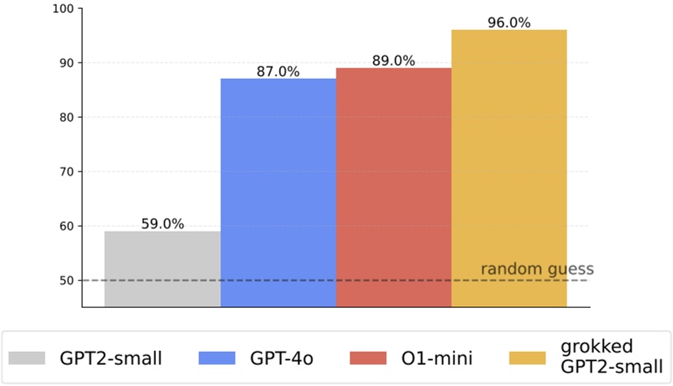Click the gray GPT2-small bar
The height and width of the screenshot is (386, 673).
[x=163, y=269]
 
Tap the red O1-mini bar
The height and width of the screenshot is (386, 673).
[x=393, y=187]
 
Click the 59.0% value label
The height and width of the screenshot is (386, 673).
[x=163, y=222]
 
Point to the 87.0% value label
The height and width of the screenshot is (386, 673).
[x=278, y=72]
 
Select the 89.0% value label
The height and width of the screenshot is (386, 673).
[x=393, y=61]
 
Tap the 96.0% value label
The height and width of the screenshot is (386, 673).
[x=509, y=23]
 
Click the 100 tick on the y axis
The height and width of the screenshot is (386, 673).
[x=62, y=9]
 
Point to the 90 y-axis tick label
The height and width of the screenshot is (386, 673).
[x=65, y=63]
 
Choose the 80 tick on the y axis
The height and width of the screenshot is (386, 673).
[x=65, y=118]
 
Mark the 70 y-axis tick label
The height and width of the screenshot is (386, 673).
[x=65, y=172]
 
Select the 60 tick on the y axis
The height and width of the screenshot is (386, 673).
[x=65, y=227]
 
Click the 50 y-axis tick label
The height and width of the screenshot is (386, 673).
[x=65, y=281]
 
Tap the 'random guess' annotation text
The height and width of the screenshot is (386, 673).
[x=537, y=269]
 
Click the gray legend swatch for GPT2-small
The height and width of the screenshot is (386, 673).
[x=29, y=358]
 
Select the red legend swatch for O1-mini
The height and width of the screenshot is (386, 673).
[x=368, y=358]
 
